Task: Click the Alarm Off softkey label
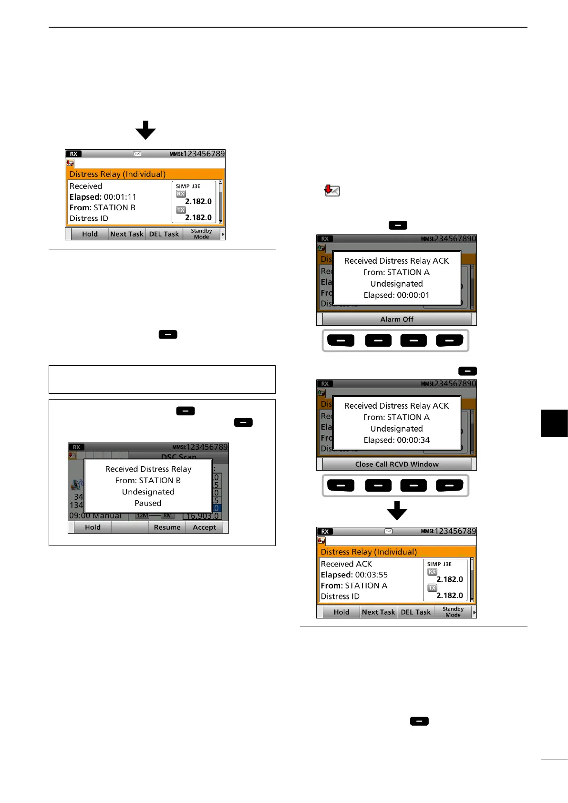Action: click(x=396, y=319)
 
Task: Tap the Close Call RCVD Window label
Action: click(x=396, y=464)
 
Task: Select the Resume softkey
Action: click(x=167, y=527)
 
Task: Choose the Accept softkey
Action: click(x=204, y=527)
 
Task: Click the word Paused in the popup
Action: click(x=148, y=503)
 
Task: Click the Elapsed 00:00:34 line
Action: click(x=396, y=440)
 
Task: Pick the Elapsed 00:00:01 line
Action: click(x=396, y=295)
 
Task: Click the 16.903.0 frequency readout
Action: click(x=202, y=516)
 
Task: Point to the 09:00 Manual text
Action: click(x=95, y=516)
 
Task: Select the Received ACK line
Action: click(x=346, y=564)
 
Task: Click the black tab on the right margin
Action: click(x=554, y=423)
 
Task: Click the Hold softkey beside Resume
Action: click(x=93, y=527)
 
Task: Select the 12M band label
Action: click(x=143, y=515)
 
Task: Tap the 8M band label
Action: click(x=167, y=515)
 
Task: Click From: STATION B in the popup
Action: click(x=148, y=480)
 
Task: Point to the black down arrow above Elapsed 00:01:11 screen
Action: click(x=145, y=130)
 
